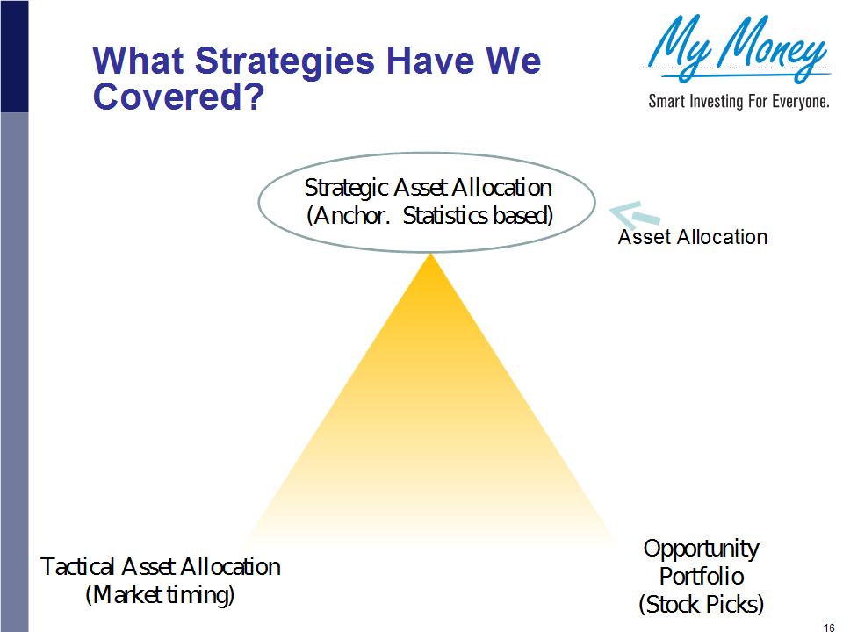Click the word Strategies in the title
pyautogui.click(x=285, y=61)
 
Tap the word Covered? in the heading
pyautogui.click(x=179, y=96)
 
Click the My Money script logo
pyautogui.click(x=737, y=48)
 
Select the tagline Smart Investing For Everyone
pyautogui.click(x=739, y=101)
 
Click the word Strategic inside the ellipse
pyautogui.click(x=347, y=189)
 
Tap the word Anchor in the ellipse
pyautogui.click(x=350, y=216)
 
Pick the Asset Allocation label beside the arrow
pyautogui.click(x=693, y=237)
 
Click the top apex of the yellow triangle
pyautogui.click(x=430, y=255)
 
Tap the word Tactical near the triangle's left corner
pyautogui.click(x=78, y=566)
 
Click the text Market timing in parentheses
pyautogui.click(x=160, y=594)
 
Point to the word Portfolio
pyautogui.click(x=702, y=576)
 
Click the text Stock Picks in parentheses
pyautogui.click(x=701, y=604)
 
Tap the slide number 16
pyautogui.click(x=828, y=627)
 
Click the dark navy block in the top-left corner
pyautogui.click(x=14, y=56)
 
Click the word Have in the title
pyautogui.click(x=424, y=61)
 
